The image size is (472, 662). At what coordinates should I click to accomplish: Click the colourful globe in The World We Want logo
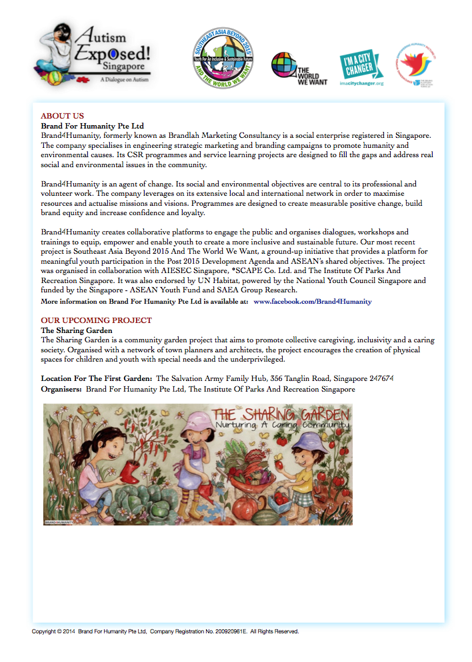point(283,65)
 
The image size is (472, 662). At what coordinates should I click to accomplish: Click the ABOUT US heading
point(62,115)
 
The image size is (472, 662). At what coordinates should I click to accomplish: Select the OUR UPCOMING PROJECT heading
point(96,320)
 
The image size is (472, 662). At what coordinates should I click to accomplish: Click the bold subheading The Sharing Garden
point(77,330)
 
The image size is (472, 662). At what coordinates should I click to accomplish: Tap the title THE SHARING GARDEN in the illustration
point(280,416)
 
